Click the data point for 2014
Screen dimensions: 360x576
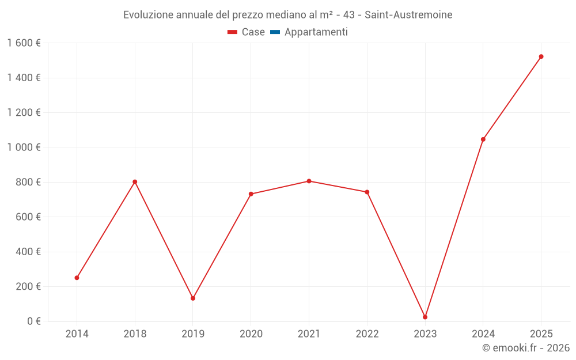[77, 278]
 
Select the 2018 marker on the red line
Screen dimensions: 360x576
[135, 181]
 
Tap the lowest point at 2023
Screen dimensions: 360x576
[425, 317]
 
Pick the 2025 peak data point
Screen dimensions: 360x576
[541, 56]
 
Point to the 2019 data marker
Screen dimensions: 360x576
[193, 298]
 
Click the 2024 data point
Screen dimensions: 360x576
[483, 139]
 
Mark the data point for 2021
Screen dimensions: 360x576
[309, 181]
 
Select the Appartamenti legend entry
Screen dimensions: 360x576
[316, 32]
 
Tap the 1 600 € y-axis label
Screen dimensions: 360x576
[24, 43]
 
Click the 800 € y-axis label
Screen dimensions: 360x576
[28, 182]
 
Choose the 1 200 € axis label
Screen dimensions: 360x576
[24, 112]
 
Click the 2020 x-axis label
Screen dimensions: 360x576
[251, 334]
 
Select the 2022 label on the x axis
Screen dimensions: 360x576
[367, 334]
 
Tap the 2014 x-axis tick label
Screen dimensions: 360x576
[77, 334]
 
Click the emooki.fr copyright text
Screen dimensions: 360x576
[526, 348]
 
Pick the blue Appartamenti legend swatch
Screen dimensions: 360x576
[275, 32]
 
